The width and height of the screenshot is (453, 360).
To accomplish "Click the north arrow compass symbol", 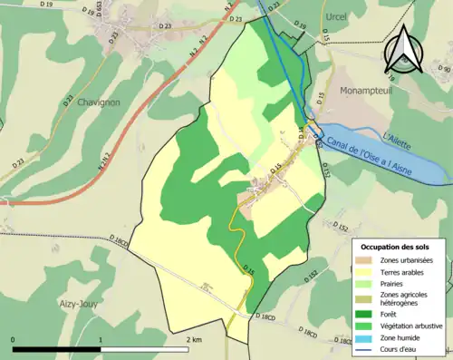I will (401, 48).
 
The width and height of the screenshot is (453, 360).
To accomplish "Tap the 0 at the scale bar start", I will (14, 339).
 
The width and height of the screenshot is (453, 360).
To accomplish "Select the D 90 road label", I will (444, 69).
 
